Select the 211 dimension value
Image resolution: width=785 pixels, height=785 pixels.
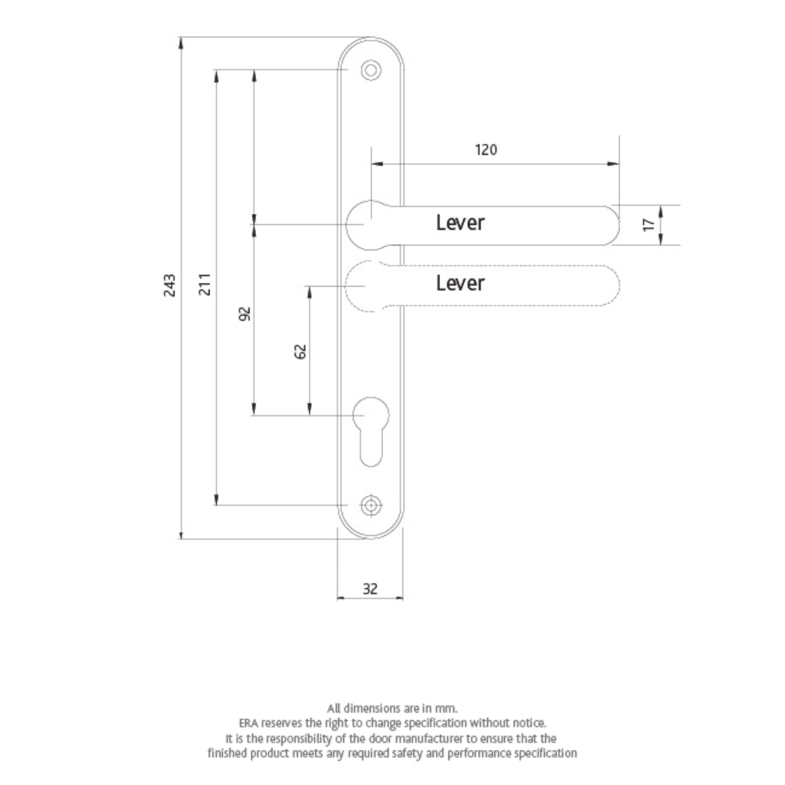click(x=205, y=284)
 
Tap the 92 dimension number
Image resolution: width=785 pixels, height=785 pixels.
click(x=245, y=314)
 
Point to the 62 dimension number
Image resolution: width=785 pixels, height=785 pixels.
click(x=301, y=352)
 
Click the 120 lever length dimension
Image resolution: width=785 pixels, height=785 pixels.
click(x=486, y=150)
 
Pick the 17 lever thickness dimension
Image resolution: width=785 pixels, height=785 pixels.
click(x=648, y=224)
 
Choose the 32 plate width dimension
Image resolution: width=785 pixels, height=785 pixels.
click(x=370, y=589)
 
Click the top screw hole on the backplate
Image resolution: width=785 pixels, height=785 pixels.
click(x=371, y=71)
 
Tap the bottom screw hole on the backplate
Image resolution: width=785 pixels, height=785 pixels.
click(x=371, y=506)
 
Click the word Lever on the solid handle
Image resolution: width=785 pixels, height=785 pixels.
click(x=460, y=223)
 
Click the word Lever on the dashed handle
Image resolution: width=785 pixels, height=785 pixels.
click(x=460, y=284)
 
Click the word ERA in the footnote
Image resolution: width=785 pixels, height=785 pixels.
click(x=248, y=723)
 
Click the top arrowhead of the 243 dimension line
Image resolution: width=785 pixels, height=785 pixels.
click(x=181, y=43)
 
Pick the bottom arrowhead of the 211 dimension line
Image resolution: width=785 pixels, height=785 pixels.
click(x=216, y=500)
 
